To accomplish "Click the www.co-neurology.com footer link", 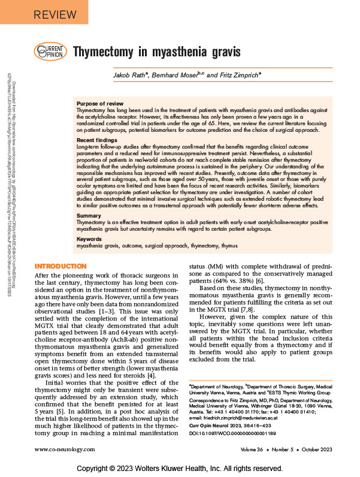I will coord(67,449).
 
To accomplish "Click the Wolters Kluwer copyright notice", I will coord(180,467).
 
